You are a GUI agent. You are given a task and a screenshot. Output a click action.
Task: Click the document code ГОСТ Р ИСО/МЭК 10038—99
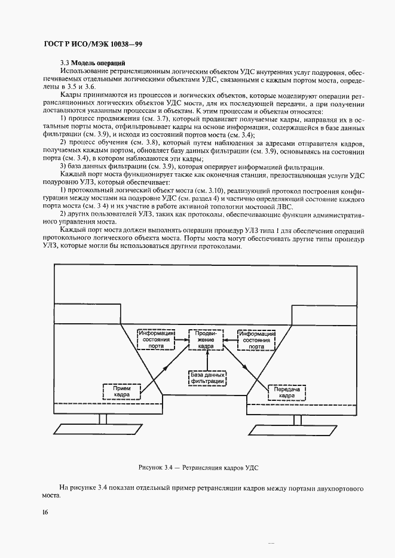tap(92, 45)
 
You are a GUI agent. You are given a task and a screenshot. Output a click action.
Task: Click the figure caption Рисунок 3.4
tap(197, 468)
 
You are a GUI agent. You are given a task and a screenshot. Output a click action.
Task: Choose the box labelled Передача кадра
tap(286, 392)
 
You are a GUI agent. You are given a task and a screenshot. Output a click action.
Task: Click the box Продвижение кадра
tap(205, 339)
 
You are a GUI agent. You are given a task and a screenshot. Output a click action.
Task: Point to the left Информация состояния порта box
tap(155, 339)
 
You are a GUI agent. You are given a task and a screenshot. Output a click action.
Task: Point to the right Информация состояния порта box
tap(257, 339)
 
